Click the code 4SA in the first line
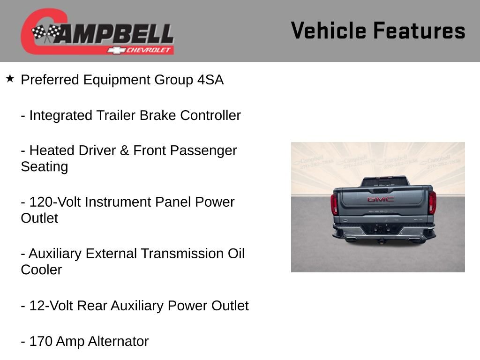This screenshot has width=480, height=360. point(210,80)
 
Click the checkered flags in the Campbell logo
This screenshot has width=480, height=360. point(46,33)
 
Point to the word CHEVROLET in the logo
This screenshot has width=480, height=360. point(150,50)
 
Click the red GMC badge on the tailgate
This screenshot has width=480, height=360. point(380,199)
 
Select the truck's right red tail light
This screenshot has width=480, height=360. point(432,203)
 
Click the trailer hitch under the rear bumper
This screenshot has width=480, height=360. point(382,240)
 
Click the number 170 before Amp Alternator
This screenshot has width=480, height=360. point(40,342)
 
